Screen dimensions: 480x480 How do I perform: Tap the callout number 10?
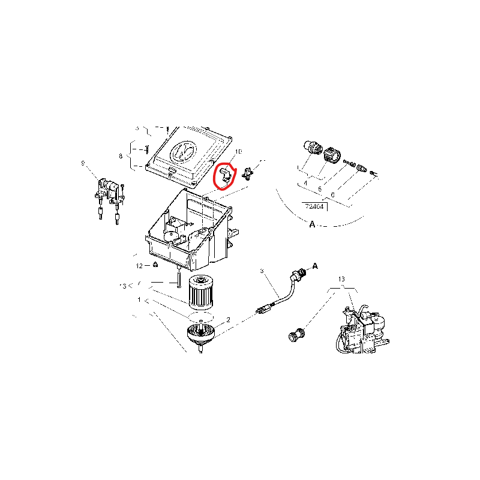(238, 152)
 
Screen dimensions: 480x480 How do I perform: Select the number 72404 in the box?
(314, 206)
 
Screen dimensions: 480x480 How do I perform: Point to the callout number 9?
(83, 163)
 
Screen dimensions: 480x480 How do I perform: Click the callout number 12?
(139, 265)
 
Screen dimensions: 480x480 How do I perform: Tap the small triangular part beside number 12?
(155, 264)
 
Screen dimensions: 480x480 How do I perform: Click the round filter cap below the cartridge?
(202, 334)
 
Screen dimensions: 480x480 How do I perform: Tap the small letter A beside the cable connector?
(315, 265)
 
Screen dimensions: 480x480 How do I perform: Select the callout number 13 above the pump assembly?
(341, 280)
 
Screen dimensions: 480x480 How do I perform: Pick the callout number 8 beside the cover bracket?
(121, 157)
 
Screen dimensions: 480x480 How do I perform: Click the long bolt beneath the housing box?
(178, 278)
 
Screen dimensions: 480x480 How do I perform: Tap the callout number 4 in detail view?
(305, 183)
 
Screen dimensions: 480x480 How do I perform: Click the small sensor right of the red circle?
(249, 175)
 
